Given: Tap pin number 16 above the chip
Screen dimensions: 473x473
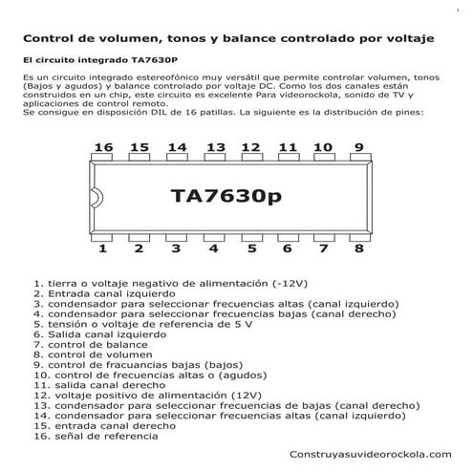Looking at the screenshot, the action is click(104, 147).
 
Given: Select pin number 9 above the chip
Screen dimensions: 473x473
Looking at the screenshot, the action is click(358, 147).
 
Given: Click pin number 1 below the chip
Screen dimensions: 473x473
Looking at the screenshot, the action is click(102, 248).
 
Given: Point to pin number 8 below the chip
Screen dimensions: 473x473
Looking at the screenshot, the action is click(358, 248).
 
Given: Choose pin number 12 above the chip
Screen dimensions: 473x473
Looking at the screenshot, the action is click(250, 147).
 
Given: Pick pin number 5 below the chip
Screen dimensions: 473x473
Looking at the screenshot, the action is click(251, 248).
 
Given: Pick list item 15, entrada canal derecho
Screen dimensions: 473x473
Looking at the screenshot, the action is click(100, 426).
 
